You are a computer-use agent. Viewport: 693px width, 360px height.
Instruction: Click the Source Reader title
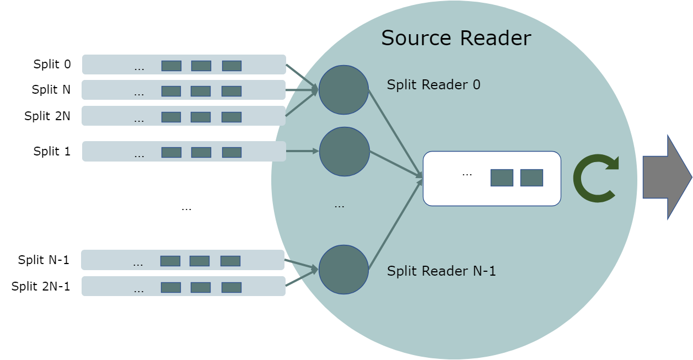pyautogui.click(x=456, y=39)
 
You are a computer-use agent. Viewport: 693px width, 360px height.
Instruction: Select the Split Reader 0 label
pyautogui.click(x=433, y=85)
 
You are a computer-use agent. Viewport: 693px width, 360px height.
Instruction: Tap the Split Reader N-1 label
pyautogui.click(x=441, y=271)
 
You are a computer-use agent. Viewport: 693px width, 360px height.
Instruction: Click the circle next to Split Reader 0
pyautogui.click(x=343, y=90)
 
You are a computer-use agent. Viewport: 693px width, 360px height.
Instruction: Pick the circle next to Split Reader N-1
pyautogui.click(x=343, y=270)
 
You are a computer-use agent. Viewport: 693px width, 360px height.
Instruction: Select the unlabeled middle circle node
pyautogui.click(x=344, y=152)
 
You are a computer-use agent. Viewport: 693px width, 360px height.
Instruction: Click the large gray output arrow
pyautogui.click(x=667, y=177)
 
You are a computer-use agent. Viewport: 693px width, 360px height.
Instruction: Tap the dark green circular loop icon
pyautogui.click(x=595, y=178)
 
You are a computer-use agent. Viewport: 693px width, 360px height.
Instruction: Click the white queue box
pyautogui.click(x=491, y=179)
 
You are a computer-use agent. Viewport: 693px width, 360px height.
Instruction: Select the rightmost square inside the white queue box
pyautogui.click(x=531, y=178)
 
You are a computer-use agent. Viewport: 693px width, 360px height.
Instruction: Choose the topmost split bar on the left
pyautogui.click(x=184, y=65)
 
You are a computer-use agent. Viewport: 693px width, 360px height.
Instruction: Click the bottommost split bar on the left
pyautogui.click(x=183, y=286)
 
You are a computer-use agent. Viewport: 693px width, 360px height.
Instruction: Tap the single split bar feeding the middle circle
pyautogui.click(x=184, y=152)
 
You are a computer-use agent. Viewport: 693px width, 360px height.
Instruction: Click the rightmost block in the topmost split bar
pyautogui.click(x=232, y=66)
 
